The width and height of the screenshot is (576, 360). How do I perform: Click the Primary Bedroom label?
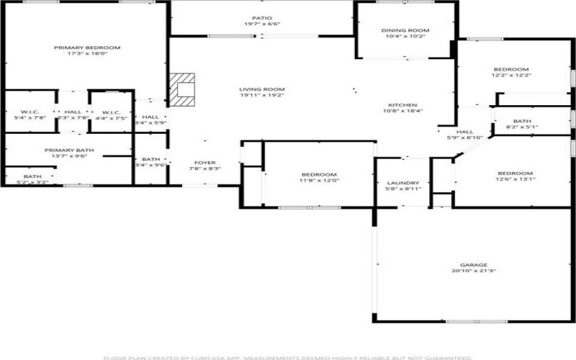click(87, 48)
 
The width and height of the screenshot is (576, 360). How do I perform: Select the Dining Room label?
click(405, 30)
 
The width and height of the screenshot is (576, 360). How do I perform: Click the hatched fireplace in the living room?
click(183, 90)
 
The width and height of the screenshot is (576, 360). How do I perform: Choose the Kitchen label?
click(402, 104)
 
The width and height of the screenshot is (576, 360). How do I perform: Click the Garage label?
click(474, 264)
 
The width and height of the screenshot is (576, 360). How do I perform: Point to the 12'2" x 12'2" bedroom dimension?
click(510, 75)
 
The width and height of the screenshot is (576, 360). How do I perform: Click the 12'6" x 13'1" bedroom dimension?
click(516, 180)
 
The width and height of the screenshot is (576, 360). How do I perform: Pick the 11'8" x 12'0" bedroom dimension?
click(318, 181)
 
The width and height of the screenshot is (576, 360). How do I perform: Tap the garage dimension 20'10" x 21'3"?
click(474, 271)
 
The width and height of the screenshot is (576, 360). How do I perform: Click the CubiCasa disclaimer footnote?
click(287, 357)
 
